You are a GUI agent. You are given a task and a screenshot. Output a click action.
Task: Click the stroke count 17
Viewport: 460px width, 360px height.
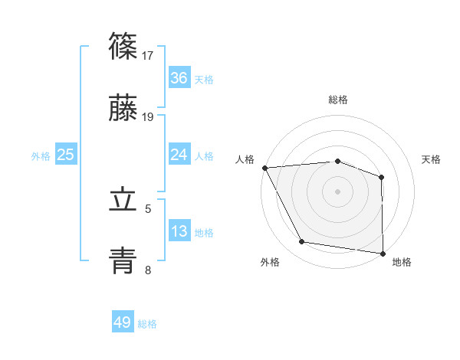click(149, 55)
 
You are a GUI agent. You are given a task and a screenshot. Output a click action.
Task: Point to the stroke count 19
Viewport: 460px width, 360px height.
click(149, 116)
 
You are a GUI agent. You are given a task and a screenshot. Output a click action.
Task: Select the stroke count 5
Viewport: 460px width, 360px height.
click(149, 208)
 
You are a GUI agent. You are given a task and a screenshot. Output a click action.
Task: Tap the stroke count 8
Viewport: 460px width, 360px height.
click(149, 269)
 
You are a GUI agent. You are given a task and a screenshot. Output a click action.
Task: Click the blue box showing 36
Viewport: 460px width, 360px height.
click(179, 78)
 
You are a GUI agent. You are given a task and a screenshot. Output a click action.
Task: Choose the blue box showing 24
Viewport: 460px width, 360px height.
click(179, 155)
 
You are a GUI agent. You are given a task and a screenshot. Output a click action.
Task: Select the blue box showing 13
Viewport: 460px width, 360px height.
click(179, 231)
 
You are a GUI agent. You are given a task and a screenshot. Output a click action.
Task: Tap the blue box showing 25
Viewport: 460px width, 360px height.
click(65, 155)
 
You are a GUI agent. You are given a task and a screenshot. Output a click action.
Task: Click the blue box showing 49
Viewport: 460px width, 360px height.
click(123, 322)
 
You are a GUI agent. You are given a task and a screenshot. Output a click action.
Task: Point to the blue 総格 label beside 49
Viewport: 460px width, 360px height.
click(147, 324)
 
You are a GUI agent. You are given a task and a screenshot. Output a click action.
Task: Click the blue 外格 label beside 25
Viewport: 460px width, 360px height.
click(41, 156)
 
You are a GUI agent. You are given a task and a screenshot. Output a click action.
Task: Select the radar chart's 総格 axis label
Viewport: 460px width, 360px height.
click(337, 100)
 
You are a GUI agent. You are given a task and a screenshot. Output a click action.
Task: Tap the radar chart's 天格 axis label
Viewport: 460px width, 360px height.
click(432, 159)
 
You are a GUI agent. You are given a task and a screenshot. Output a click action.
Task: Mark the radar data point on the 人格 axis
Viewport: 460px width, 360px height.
click(264, 168)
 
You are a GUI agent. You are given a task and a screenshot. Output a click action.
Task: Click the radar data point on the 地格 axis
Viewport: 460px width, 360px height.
click(383, 253)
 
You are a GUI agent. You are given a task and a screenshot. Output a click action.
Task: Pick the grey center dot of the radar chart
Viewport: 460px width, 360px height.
click(337, 191)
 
